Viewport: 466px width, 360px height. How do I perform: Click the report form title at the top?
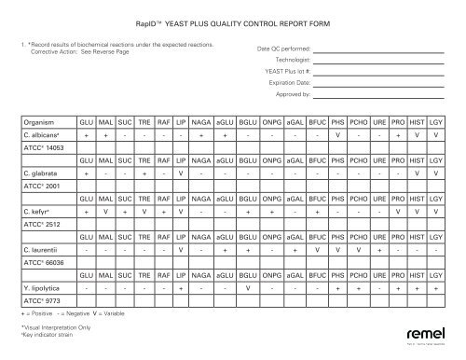(x=233, y=21)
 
